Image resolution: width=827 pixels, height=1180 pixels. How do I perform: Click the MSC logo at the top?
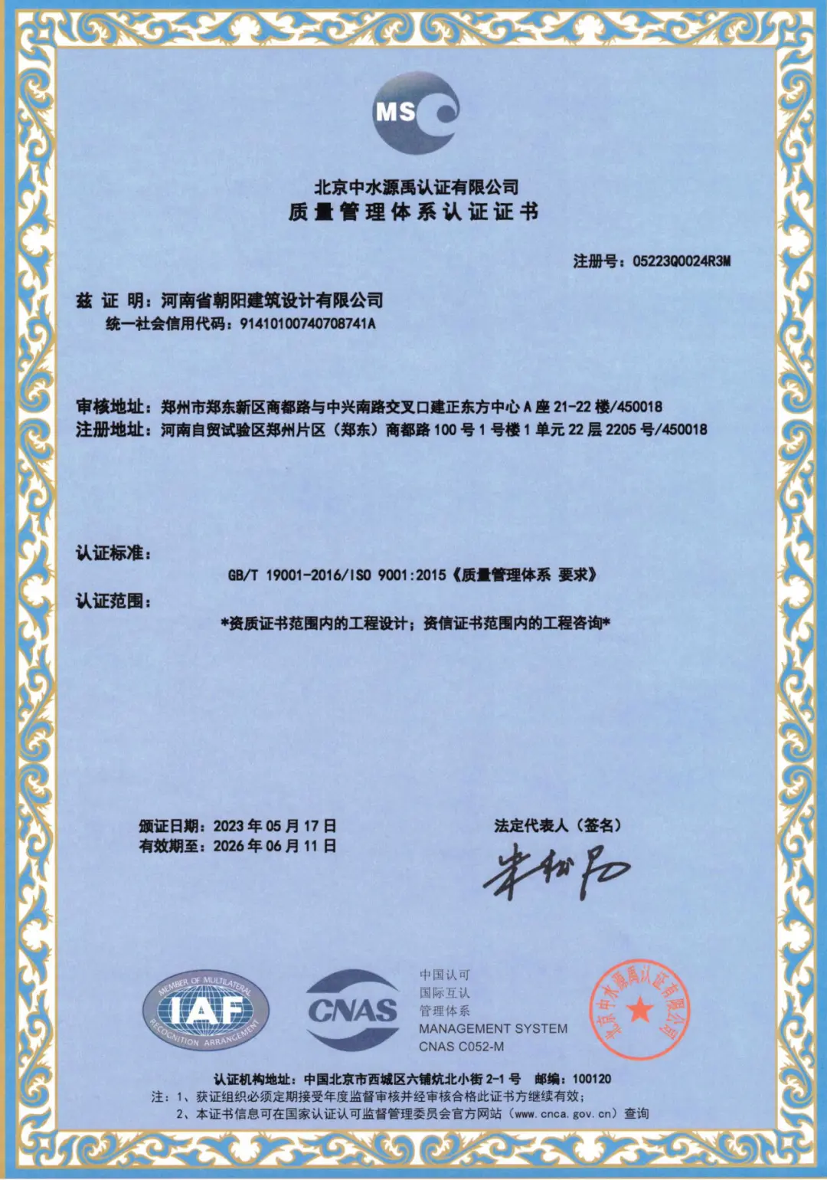click(x=417, y=113)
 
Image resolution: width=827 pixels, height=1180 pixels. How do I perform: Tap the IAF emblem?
click(x=205, y=1011)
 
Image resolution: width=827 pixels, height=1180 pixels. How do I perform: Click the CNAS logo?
click(x=353, y=1010)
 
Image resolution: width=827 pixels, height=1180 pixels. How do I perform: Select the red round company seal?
click(x=639, y=1010)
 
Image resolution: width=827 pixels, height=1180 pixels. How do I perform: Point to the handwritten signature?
click(x=556, y=871)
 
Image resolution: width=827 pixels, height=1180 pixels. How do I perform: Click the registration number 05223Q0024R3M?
click(x=682, y=261)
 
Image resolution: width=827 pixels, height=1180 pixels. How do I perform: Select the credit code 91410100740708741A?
click(x=308, y=323)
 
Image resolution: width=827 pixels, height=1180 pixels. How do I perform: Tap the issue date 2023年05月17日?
click(x=275, y=826)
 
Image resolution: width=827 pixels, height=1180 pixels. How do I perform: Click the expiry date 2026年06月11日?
click(x=275, y=846)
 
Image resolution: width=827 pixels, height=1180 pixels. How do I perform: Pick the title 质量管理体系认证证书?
click(x=413, y=211)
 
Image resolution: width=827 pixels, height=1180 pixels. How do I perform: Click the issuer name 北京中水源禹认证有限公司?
click(x=416, y=187)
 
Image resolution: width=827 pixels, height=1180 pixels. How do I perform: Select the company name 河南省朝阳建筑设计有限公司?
click(x=272, y=300)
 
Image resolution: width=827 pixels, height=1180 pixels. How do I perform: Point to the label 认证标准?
click(x=113, y=553)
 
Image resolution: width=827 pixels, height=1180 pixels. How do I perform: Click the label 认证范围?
click(x=113, y=601)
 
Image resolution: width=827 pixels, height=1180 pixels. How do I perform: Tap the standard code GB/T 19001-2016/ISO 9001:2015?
click(x=337, y=575)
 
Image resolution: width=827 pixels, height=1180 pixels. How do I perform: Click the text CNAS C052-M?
click(x=461, y=1047)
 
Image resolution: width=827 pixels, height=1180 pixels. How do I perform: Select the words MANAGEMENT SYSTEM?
click(x=493, y=1029)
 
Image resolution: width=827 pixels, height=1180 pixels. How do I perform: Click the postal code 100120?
click(x=592, y=1079)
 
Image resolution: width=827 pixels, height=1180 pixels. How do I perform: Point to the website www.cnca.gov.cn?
click(x=565, y=1113)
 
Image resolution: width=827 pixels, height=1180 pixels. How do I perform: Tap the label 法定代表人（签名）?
click(x=557, y=825)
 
